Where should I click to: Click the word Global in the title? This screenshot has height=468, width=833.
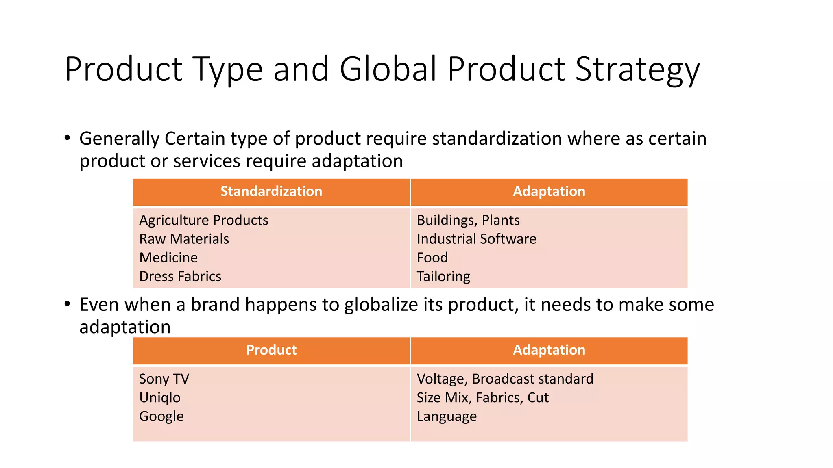pyautogui.click(x=388, y=69)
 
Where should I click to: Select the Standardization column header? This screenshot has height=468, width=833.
pyautogui.click(x=271, y=191)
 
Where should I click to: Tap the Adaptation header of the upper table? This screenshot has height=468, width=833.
pyautogui.click(x=549, y=191)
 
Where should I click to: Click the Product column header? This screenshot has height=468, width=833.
pyautogui.click(x=271, y=350)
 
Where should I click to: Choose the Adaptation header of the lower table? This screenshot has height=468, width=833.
pyautogui.click(x=549, y=350)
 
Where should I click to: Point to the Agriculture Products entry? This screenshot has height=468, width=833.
pyautogui.click(x=204, y=220)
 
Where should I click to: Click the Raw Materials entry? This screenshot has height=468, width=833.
pyautogui.click(x=184, y=239)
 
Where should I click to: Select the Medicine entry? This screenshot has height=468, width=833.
pyautogui.click(x=168, y=258)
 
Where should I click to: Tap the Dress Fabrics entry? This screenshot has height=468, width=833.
pyautogui.click(x=180, y=276)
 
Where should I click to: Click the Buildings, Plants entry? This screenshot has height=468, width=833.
pyautogui.click(x=468, y=220)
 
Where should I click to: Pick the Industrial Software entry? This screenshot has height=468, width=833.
pyautogui.click(x=476, y=239)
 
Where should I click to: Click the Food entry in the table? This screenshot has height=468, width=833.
pyautogui.click(x=432, y=258)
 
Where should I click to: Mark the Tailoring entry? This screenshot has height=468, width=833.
pyautogui.click(x=443, y=276)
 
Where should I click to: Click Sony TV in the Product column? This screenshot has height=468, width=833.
pyautogui.click(x=164, y=379)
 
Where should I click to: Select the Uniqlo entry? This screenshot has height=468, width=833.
pyautogui.click(x=160, y=398)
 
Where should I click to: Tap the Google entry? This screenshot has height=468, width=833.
pyautogui.click(x=161, y=416)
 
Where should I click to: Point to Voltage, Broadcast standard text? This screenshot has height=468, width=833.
pyautogui.click(x=505, y=379)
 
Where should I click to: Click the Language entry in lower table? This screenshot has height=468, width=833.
pyautogui.click(x=447, y=416)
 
